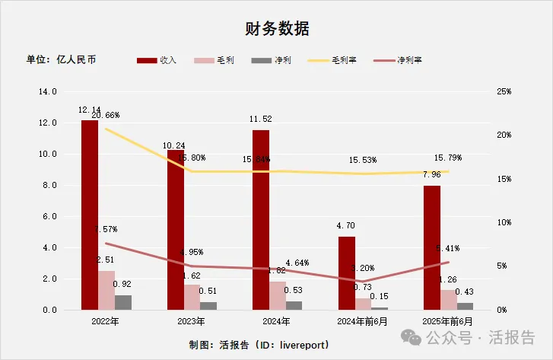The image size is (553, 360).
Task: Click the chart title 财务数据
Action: [x=276, y=29]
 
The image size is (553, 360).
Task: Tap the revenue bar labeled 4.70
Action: [x=346, y=273]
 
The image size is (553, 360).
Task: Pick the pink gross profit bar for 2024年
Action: [x=278, y=295]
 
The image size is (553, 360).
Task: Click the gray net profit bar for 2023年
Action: [x=208, y=306]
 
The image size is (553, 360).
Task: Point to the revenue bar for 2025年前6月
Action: [x=431, y=247]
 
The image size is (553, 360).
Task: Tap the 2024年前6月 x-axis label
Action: [x=362, y=322]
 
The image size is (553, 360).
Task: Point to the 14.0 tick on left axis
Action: [x=48, y=91]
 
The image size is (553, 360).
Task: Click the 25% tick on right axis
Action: [x=504, y=91]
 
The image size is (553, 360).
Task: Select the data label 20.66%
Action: [x=105, y=116]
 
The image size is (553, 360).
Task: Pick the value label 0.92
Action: [x=122, y=285]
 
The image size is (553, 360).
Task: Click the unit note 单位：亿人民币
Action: [x=62, y=59]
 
